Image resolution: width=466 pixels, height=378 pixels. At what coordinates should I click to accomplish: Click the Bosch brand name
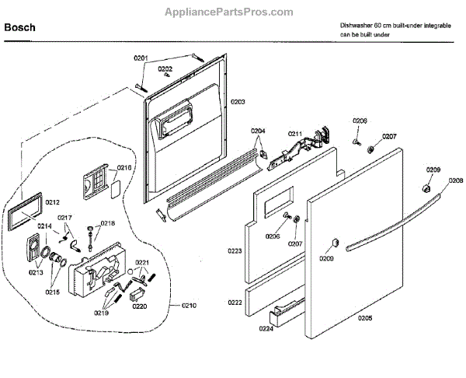point(19,29)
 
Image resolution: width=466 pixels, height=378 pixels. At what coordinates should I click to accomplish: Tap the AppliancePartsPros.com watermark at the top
point(232,12)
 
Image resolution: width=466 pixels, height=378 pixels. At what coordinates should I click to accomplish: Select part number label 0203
point(237,102)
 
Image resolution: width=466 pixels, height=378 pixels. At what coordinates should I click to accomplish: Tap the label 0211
point(295,135)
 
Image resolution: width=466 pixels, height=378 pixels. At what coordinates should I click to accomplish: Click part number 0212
point(52,202)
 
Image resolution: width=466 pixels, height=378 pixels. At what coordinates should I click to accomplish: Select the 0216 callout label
point(124,167)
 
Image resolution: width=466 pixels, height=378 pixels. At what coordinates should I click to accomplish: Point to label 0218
point(108,223)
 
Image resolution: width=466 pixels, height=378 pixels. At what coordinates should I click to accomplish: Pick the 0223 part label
point(234,250)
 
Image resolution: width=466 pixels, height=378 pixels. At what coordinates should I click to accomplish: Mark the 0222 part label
point(234,302)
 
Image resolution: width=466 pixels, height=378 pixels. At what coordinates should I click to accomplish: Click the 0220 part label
point(139,306)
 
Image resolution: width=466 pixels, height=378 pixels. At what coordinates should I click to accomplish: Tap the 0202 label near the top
point(165,68)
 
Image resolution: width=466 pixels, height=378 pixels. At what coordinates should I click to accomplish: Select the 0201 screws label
point(162,58)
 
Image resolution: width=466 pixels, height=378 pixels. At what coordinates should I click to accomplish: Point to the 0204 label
point(258,131)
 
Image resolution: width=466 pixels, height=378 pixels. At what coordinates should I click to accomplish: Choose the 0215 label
point(52,292)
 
